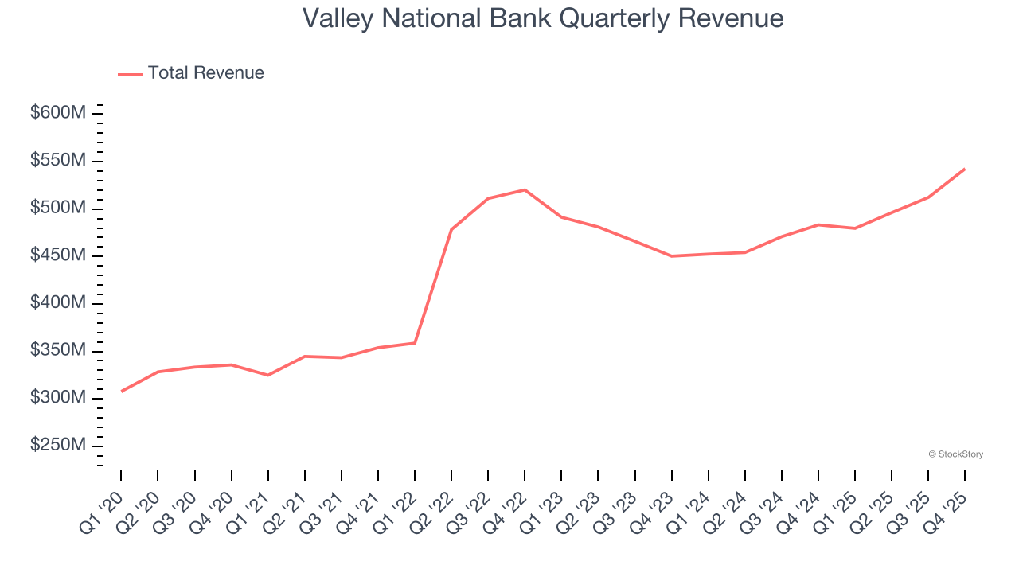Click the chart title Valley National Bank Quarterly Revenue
click(x=543, y=18)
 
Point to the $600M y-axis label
click(x=57, y=113)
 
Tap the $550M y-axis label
click(x=57, y=161)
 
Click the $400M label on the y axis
click(x=57, y=303)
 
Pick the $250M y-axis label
click(x=57, y=446)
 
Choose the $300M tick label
click(x=57, y=398)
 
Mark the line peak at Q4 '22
click(x=525, y=189)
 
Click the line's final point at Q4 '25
click(x=965, y=169)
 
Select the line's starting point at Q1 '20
click(x=121, y=391)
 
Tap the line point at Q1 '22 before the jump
click(x=415, y=343)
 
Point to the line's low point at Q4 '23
click(x=671, y=256)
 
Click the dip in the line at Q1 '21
click(x=267, y=375)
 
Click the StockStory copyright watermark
click(x=955, y=454)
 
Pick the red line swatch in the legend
click(x=130, y=74)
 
